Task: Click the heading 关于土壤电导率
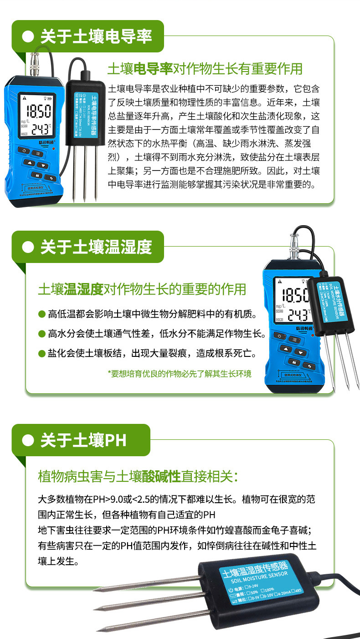tap(96, 36)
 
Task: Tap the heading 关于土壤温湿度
tap(96, 247)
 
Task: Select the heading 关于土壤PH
tap(83, 441)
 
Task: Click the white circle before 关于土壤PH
tap(28, 441)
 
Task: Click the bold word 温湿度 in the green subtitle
tap(84, 289)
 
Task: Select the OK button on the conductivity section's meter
tap(35, 175)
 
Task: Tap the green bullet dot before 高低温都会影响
tap(41, 314)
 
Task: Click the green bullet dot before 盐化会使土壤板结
tap(41, 353)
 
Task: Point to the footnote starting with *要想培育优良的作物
tap(179, 374)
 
